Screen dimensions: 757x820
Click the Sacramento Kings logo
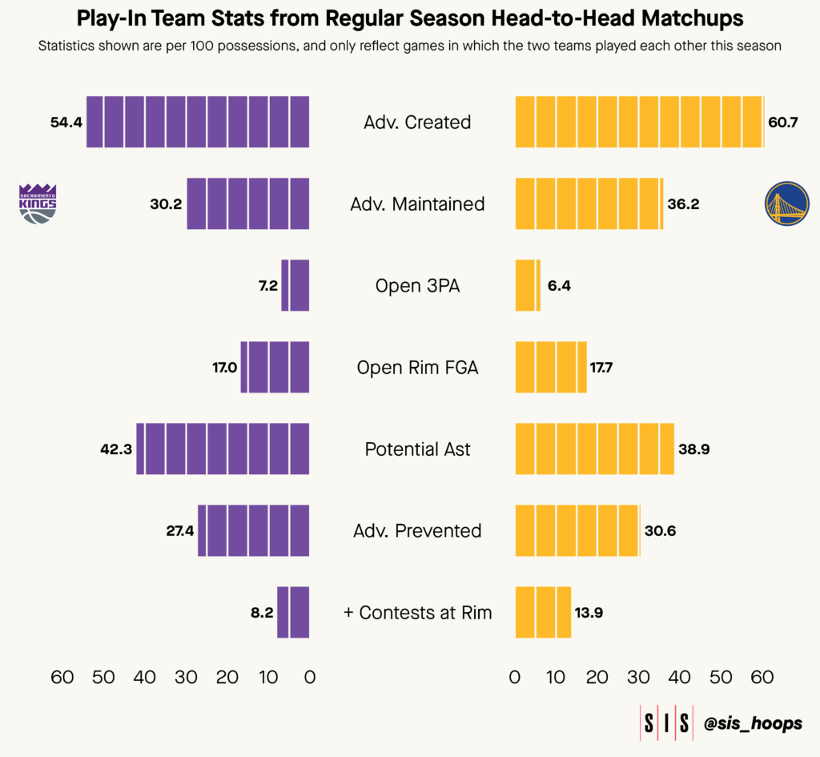(38, 203)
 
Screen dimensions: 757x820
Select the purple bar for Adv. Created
(198, 122)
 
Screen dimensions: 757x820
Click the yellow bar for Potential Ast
(594, 449)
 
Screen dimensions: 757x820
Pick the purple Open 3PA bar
(295, 286)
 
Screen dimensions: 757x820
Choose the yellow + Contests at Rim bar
(543, 613)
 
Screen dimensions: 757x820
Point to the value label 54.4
(66, 123)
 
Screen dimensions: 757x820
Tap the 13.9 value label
(589, 613)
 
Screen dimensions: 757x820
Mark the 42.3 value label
(115, 449)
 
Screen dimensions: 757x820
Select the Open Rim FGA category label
(417, 368)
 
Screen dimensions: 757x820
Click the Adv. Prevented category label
(417, 530)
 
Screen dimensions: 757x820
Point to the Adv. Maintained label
(417, 204)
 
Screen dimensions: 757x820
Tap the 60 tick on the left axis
(62, 677)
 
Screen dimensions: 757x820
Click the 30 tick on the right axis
(638, 677)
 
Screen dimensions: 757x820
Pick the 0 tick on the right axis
(515, 677)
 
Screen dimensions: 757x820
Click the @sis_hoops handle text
(753, 723)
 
